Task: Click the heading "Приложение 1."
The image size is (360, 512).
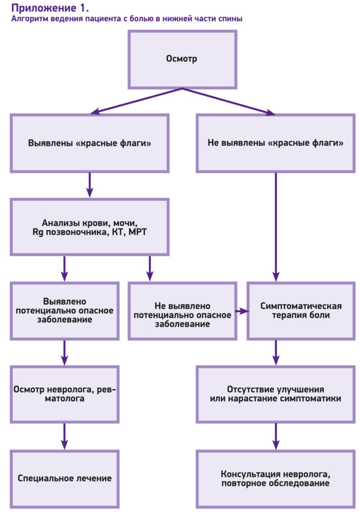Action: [x=50, y=7]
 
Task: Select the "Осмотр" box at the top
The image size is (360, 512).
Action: [x=182, y=60]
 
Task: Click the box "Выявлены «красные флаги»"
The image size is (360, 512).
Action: [x=90, y=143]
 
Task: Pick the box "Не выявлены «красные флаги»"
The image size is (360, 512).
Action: [x=275, y=143]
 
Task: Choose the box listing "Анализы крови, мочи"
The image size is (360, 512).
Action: [x=90, y=227]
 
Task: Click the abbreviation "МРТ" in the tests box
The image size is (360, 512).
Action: [x=138, y=232]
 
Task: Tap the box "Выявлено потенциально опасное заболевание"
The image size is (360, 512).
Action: [x=65, y=311]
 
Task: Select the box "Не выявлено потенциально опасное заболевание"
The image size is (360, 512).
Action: [x=182, y=311]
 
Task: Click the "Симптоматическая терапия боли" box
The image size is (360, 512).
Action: [x=301, y=311]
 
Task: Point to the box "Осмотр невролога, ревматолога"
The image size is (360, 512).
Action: [x=65, y=394]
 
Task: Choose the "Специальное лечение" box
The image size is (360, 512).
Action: [x=65, y=478]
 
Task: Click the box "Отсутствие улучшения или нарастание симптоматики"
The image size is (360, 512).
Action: [x=275, y=394]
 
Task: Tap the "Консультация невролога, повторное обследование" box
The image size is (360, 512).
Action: [x=275, y=478]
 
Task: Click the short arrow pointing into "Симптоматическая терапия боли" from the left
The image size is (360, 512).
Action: [x=242, y=311]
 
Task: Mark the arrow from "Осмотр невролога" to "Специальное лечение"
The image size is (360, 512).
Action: [x=65, y=436]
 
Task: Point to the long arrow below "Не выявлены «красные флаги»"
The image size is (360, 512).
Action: [x=276, y=227]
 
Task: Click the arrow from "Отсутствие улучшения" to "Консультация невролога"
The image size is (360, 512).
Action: [x=276, y=436]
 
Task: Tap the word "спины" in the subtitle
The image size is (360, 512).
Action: [x=231, y=20]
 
